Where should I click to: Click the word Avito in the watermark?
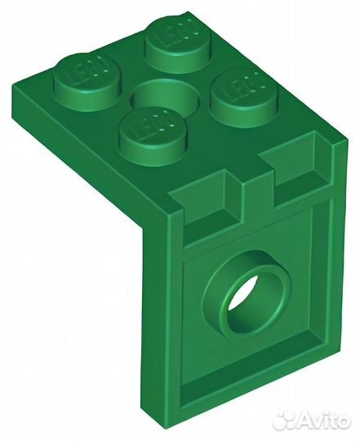click(322, 420)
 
